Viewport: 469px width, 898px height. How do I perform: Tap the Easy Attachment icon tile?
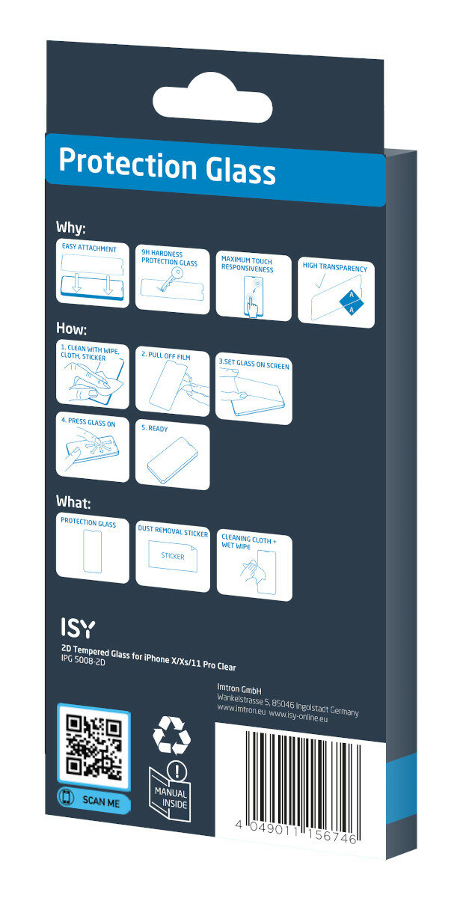point(93,274)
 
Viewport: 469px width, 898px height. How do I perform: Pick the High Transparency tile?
point(336,293)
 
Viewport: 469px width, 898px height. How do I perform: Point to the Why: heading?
point(71,227)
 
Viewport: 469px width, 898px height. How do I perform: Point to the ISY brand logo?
point(77,627)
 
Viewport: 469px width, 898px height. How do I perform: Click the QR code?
point(94,745)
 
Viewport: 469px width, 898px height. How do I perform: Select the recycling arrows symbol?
point(172,734)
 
